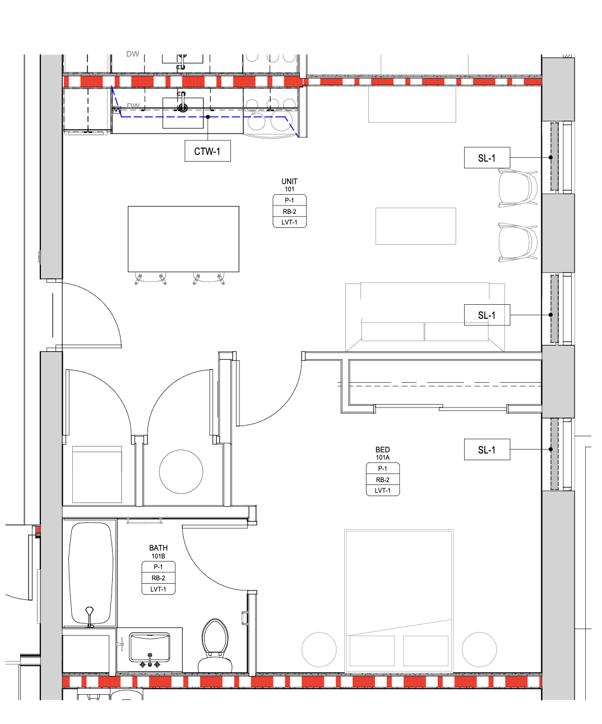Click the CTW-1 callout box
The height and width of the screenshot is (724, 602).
coord(207,151)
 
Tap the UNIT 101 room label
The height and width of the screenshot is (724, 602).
coord(289,185)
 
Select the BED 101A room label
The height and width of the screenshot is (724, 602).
coord(382,453)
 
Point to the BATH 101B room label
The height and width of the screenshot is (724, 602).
coord(158,552)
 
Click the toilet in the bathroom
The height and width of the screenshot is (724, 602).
coord(215,645)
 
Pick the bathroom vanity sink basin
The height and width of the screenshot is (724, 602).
coord(150,647)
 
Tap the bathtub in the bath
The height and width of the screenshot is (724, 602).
coord(91,574)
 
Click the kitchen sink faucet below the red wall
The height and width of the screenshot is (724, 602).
coord(183,103)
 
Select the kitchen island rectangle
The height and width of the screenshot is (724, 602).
coord(183,239)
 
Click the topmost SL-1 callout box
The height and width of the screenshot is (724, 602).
coord(487,158)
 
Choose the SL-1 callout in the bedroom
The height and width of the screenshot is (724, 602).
coord(487,450)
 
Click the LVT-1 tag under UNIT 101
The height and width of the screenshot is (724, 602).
coord(289,222)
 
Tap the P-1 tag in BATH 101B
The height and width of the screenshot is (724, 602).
coord(158,567)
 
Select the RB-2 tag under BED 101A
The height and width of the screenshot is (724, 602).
coord(383,479)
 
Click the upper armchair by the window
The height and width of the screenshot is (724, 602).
coord(517,188)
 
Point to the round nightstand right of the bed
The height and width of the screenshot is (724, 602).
coord(479,649)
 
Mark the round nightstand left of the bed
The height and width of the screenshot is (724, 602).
coord(319,649)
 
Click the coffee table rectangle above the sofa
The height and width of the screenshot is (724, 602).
coord(416,226)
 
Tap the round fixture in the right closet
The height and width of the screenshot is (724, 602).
coord(181,471)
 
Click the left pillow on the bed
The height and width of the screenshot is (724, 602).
coord(372,650)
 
